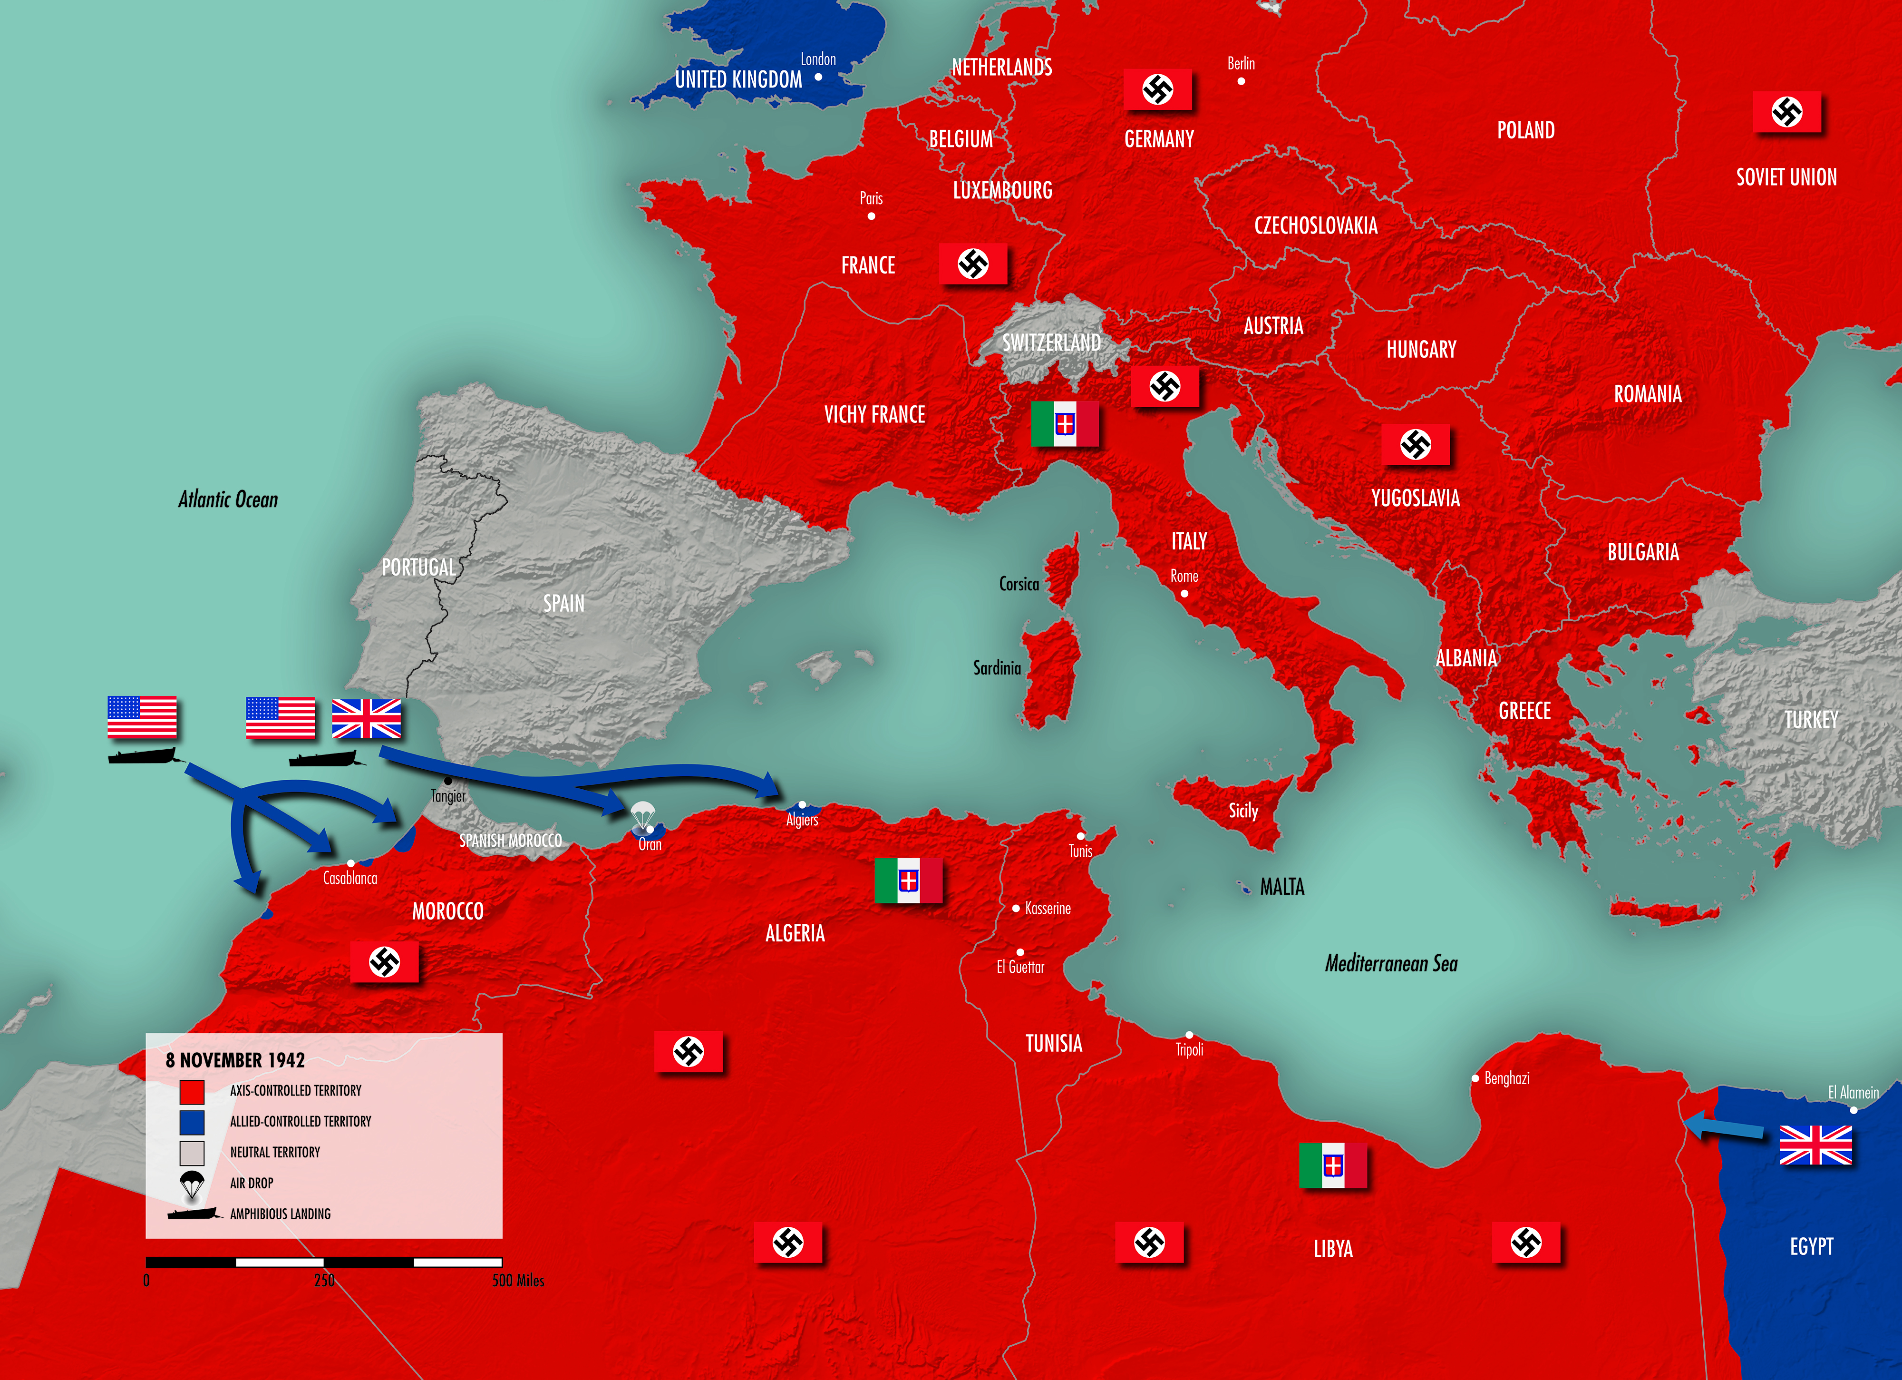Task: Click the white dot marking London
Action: click(818, 77)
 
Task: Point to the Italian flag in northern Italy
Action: click(1064, 424)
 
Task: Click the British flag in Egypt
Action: click(1815, 1145)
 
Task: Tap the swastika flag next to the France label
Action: click(973, 264)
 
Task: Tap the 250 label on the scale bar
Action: click(324, 1280)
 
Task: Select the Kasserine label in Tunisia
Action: click(1048, 909)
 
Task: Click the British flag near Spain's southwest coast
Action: click(367, 719)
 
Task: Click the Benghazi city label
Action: click(1506, 1078)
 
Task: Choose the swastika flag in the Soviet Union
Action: click(1786, 112)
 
